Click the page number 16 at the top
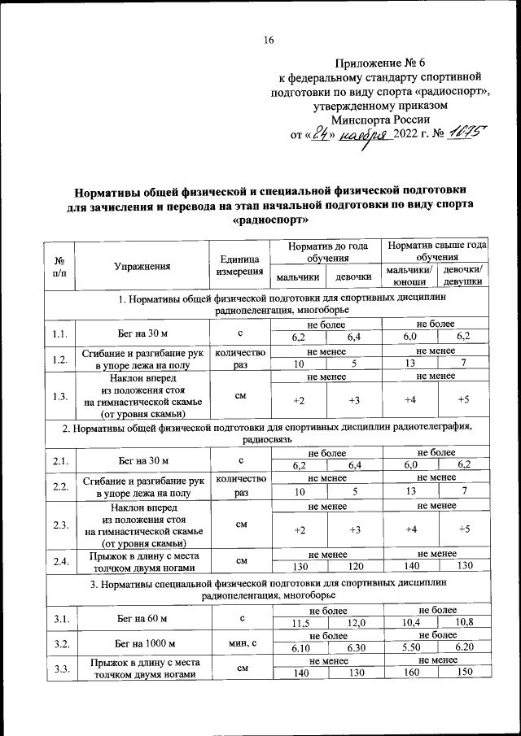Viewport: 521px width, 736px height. (269, 40)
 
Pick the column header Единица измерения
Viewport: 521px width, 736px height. (239, 265)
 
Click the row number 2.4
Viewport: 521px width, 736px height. (60, 560)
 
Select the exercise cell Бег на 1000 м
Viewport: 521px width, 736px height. (142, 642)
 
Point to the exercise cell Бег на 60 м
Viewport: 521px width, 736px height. (142, 617)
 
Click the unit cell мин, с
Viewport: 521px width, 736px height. (239, 642)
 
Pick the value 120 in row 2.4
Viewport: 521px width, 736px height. (353, 566)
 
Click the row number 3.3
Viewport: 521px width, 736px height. (60, 668)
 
